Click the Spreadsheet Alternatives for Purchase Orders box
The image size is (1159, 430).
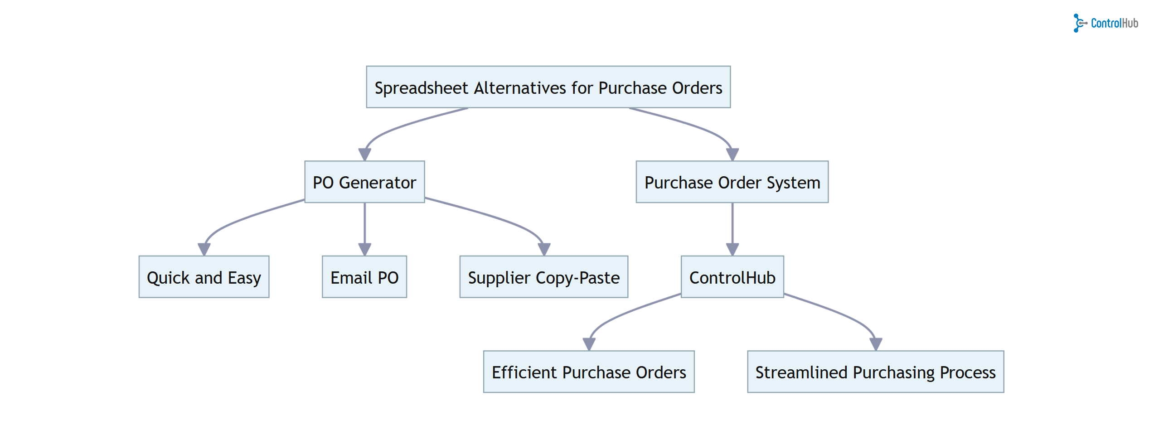548,87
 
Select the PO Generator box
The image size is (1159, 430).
364,182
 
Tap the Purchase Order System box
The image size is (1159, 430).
732,182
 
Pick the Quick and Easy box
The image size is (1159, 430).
204,277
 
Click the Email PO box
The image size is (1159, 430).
364,277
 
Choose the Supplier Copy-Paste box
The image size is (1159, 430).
543,277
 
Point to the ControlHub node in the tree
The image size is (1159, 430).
732,277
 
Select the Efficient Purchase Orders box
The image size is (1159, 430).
588,372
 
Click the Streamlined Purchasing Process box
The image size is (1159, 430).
875,372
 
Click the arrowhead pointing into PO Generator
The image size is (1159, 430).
364,155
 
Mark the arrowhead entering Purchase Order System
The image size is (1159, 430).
732,155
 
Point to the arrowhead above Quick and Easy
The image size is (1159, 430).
204,249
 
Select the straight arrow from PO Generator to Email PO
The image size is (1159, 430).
364,224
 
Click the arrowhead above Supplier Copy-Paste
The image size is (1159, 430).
543,249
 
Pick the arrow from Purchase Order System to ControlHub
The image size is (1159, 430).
732,224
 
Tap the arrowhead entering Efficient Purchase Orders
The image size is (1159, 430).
589,344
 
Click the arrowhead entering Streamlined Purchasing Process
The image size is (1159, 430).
875,344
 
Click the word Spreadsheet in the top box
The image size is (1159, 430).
421,88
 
